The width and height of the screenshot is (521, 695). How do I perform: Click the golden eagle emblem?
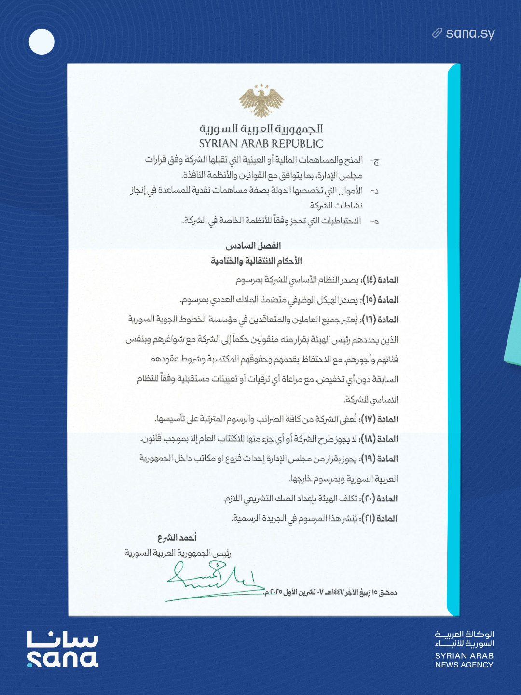coord(261,101)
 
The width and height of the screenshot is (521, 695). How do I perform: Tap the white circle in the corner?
coord(41,42)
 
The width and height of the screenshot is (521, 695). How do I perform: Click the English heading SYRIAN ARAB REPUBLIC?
coord(261,144)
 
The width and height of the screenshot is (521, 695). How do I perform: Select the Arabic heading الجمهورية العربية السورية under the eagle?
coord(261,129)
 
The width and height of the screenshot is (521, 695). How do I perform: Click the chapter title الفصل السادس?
coord(253,246)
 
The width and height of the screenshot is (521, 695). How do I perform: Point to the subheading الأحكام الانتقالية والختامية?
coord(256,261)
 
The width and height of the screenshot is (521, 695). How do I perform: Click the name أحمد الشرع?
coord(177,538)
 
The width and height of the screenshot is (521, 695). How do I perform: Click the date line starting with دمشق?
coord(330,592)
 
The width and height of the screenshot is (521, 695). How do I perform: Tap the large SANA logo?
coord(63,650)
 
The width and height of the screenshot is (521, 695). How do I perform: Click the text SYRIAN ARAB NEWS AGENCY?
coord(464,660)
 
